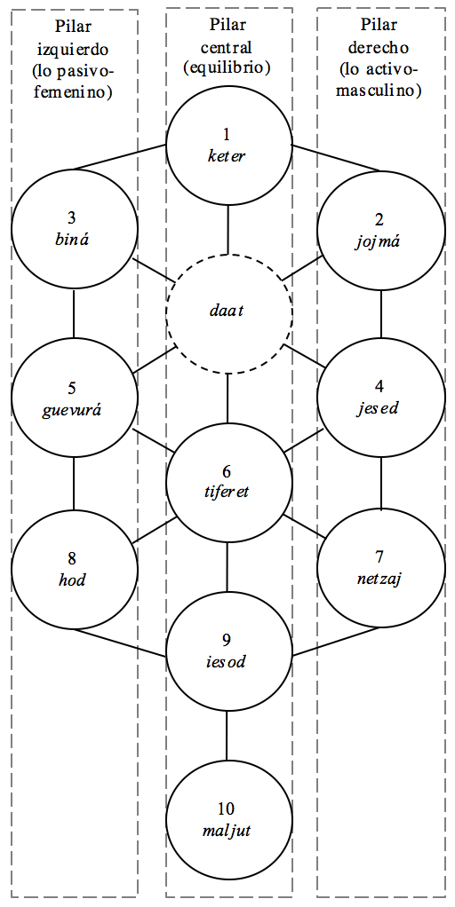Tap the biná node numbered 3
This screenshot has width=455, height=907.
74,228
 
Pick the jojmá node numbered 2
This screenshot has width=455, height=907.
380,228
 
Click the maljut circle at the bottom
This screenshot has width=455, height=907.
228,819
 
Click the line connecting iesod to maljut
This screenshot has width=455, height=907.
227,735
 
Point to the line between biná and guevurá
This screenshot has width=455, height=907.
74,314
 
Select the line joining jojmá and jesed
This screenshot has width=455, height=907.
381,313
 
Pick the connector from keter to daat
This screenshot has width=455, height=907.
228,229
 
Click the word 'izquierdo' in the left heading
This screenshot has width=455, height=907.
75,51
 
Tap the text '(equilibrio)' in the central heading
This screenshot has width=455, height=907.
227,67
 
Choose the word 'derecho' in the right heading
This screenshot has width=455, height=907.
380,50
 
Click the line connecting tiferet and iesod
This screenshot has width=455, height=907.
227,566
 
